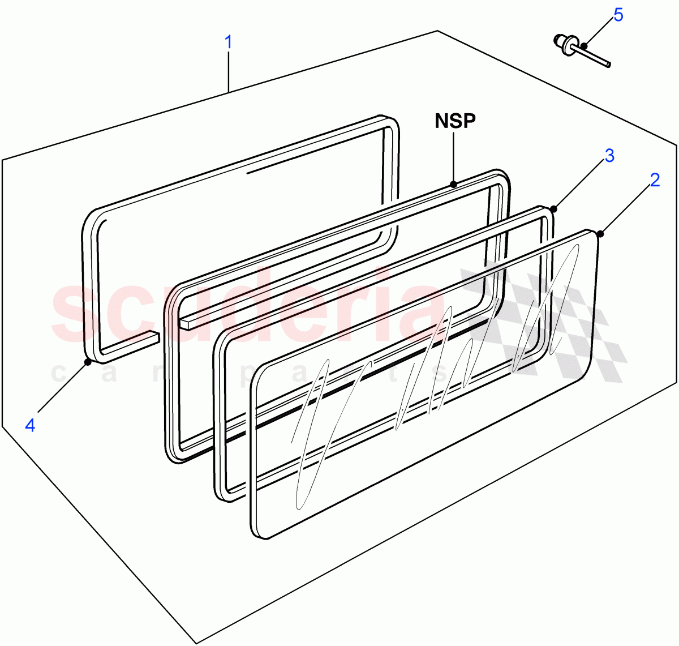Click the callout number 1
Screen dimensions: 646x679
tap(229, 42)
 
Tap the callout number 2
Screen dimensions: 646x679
tap(655, 180)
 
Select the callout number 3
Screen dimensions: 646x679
tap(609, 155)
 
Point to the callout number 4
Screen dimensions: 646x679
tap(30, 425)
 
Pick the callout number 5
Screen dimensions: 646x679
tap(618, 15)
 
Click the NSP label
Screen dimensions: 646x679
tap(455, 121)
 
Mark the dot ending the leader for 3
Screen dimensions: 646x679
tap(554, 209)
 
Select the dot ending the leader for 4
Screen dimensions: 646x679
tap(88, 361)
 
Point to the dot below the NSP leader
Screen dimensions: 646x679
tap(453, 183)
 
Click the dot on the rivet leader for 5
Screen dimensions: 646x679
tap(583, 46)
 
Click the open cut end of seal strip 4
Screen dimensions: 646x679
tap(156, 337)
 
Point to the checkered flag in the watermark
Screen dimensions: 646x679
tap(543, 323)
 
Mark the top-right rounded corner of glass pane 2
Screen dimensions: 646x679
tap(591, 235)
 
